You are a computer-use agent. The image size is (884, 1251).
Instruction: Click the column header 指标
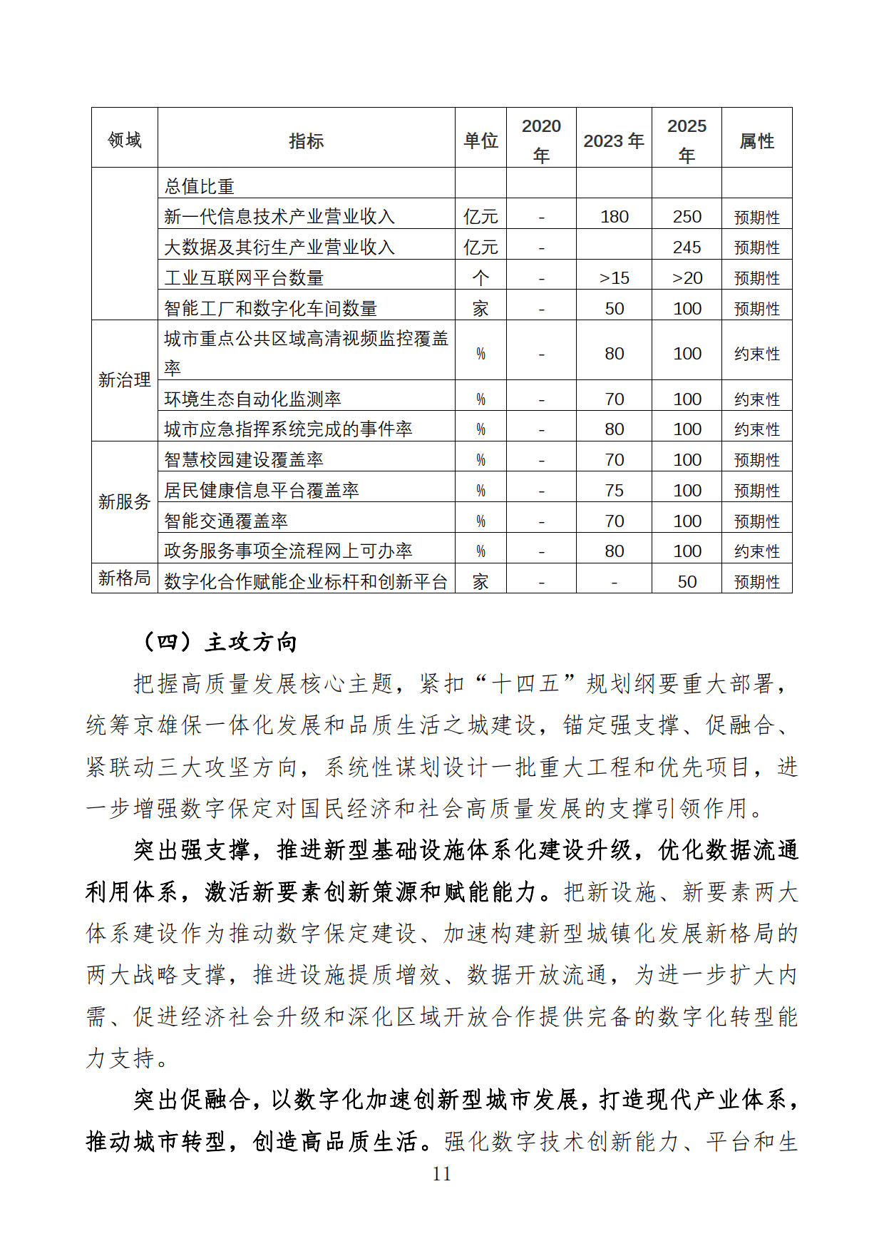pos(306,141)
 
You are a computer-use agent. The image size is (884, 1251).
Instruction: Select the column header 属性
pos(756,141)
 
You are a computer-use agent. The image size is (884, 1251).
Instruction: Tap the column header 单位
pos(480,141)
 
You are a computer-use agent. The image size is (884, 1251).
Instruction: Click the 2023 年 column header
pos(614,141)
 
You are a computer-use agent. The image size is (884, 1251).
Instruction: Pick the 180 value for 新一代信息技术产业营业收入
pos(614,217)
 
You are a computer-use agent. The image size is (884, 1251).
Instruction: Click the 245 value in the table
pos(687,247)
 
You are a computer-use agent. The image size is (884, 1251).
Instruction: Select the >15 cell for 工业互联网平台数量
pos(614,278)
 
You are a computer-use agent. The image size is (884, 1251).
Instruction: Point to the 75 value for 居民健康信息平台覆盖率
pos(614,491)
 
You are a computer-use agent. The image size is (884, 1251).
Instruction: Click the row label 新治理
pos(125,380)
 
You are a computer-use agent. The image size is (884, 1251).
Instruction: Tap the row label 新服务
pos(125,501)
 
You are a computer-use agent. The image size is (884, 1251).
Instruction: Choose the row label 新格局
pos(125,578)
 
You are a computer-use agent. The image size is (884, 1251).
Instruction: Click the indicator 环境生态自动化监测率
pos(252,399)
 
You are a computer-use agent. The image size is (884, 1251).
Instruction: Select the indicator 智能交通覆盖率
pos(226,521)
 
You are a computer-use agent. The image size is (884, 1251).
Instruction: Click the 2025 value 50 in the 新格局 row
pos(687,582)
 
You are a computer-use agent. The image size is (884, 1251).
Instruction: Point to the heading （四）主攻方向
pos(219,642)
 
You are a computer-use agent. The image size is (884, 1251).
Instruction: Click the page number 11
pos(441,1175)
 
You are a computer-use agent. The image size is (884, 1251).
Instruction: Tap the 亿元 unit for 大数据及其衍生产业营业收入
pos(480,247)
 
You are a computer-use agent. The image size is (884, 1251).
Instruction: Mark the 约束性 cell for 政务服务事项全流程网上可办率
pos(756,551)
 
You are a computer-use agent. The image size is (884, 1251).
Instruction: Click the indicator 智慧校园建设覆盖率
pos(244,460)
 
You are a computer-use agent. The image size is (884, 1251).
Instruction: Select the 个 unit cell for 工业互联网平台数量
pos(480,278)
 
